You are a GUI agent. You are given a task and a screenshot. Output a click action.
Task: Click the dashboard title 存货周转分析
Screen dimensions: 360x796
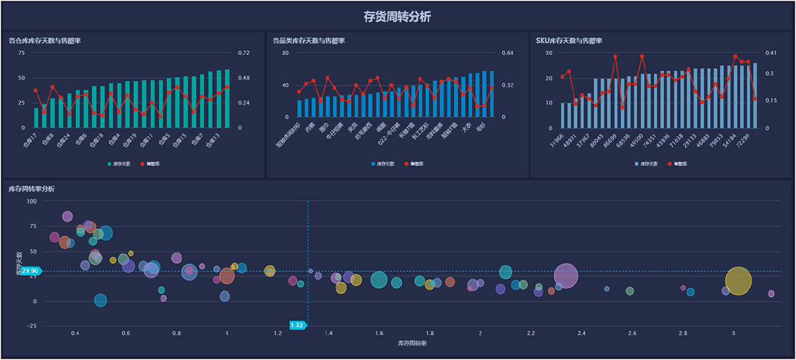point(397,17)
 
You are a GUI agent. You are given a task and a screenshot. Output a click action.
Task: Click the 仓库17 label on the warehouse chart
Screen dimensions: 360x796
point(29,140)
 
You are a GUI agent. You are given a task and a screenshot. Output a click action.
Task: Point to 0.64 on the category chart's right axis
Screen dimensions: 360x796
point(507,53)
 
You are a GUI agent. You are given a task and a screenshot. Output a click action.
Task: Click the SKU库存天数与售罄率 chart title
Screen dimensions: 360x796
point(568,41)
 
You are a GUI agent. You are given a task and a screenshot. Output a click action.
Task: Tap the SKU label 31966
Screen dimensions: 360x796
point(556,141)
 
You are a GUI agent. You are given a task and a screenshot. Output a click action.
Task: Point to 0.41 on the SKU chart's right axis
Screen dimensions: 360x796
point(771,53)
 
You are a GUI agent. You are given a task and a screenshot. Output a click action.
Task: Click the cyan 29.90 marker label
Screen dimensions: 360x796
point(30,271)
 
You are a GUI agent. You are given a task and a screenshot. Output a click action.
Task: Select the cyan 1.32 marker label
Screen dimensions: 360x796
point(297,325)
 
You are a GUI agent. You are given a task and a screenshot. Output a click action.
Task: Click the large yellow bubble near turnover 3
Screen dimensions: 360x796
point(738,281)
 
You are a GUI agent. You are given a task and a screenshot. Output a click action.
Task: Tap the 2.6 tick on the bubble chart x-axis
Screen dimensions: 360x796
point(631,333)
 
